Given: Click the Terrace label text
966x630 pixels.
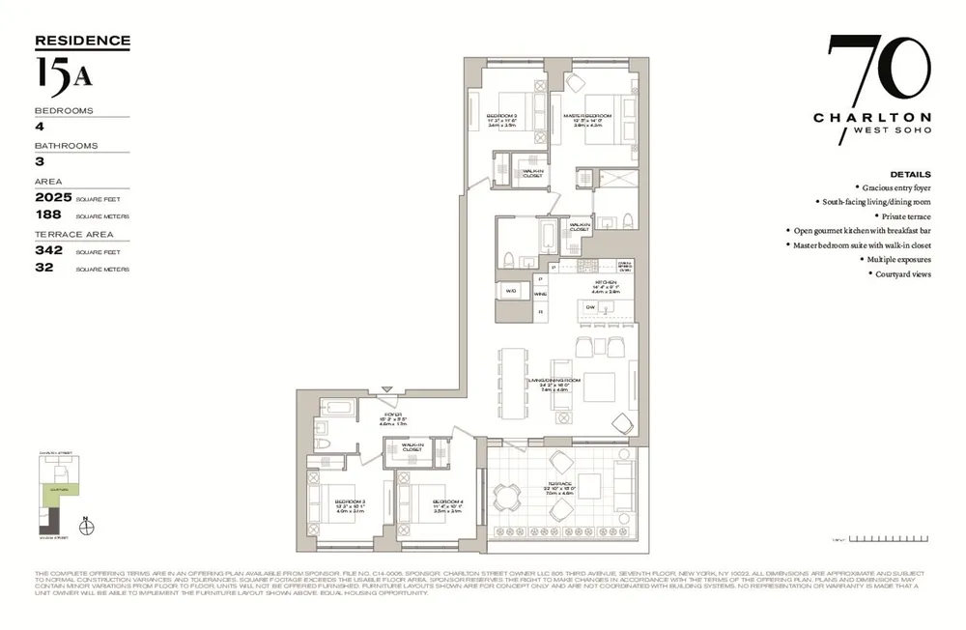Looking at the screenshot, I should (561, 483).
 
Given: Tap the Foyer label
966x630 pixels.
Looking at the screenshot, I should (392, 414).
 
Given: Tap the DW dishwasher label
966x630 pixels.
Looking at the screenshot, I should (590, 307).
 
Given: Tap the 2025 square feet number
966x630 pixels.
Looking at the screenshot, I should (54, 197).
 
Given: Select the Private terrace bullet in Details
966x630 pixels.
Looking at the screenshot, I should (904, 217).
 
